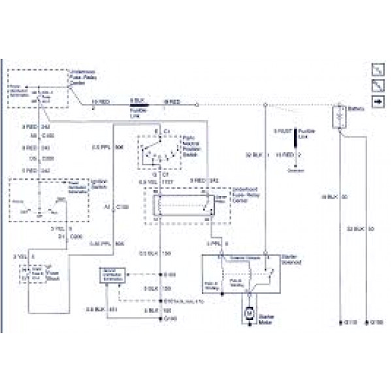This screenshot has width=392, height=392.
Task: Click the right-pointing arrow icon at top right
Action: point(377,102)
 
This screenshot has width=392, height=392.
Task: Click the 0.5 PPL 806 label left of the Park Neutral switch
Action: point(108,147)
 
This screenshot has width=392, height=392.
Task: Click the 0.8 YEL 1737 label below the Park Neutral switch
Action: point(152,181)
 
